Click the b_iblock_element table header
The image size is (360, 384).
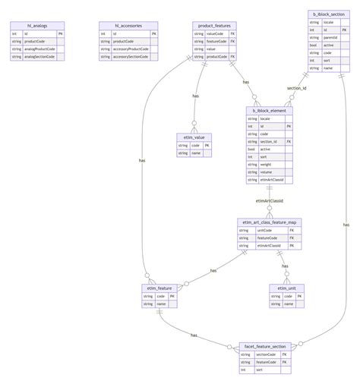coord(269,110)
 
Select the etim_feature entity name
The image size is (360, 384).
coord(159,288)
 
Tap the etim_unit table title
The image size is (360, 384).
coord(286,288)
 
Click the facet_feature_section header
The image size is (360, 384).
coord(265,345)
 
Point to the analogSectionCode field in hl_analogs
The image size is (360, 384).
coord(44,57)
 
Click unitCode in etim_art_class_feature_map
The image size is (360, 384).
coord(265,231)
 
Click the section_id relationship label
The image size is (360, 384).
coord(296,89)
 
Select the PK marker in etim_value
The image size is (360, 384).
coord(205,144)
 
